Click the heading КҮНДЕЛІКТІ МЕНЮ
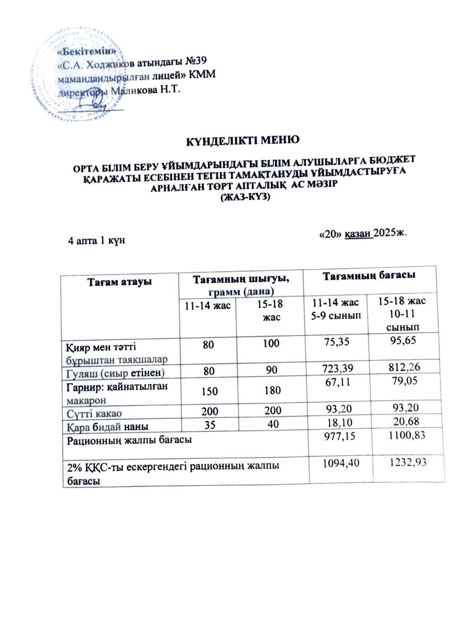click(244, 140)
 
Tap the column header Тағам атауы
click(120, 282)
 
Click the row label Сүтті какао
click(94, 413)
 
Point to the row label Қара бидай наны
click(107, 426)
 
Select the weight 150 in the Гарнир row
click(209, 391)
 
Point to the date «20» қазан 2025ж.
click(363, 234)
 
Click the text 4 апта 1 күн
click(96, 240)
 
